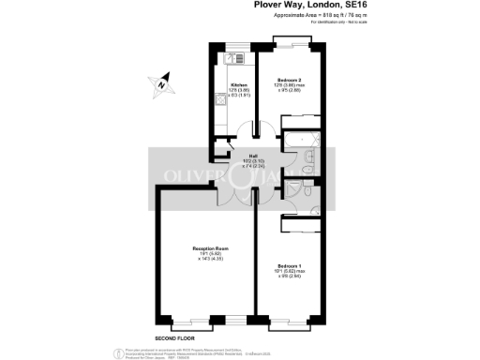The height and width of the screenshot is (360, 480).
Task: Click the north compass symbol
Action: click(162, 82)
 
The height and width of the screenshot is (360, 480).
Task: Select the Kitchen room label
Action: click(237, 84)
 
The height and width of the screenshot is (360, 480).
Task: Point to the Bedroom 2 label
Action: click(289, 80)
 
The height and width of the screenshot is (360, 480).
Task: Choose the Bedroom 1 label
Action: click(289, 267)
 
